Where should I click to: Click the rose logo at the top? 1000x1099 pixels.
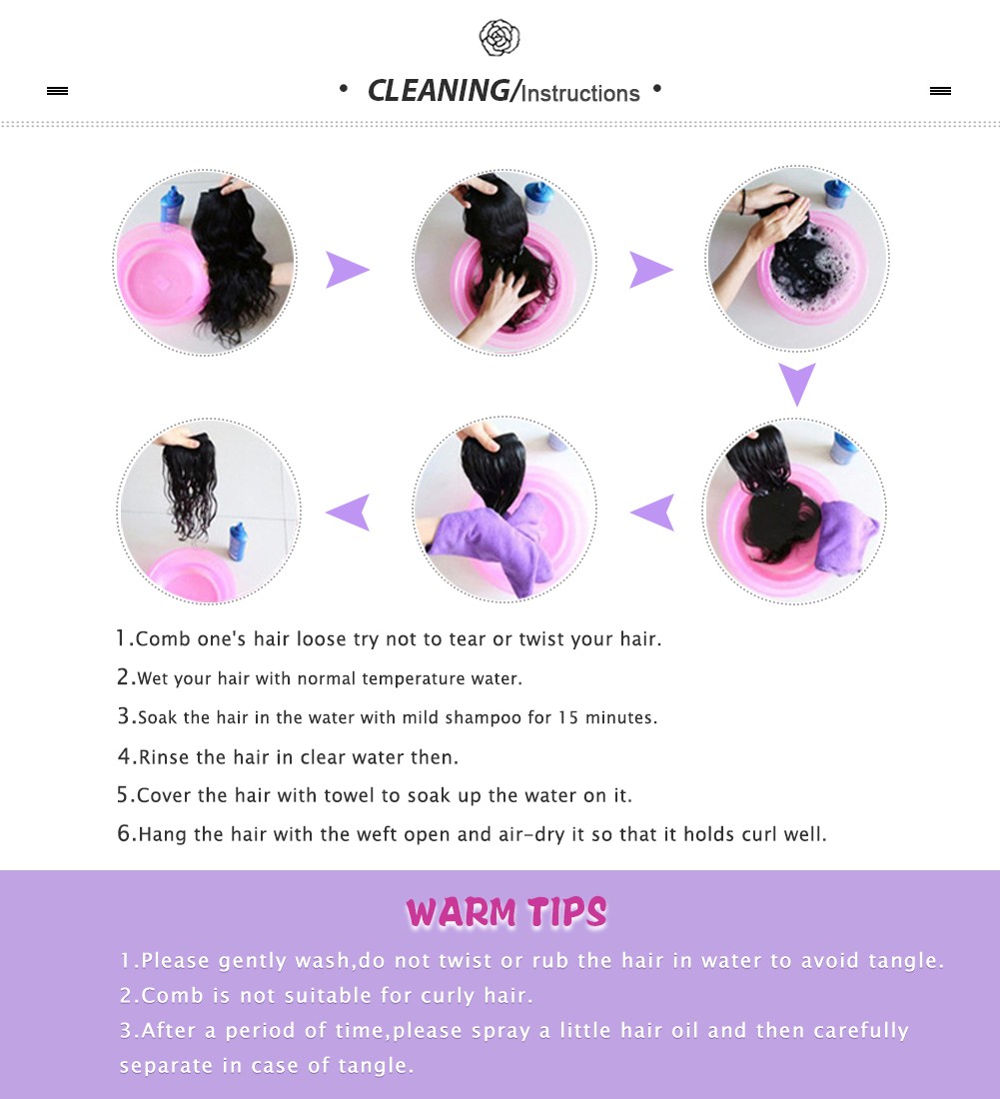click(x=500, y=37)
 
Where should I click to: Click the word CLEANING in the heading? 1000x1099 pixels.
click(x=439, y=91)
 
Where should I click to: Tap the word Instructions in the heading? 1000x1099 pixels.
click(x=580, y=93)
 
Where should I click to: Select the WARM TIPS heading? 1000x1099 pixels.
click(x=505, y=912)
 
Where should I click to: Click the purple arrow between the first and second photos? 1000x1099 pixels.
click(x=347, y=270)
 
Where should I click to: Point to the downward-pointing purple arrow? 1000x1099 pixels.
click(x=797, y=384)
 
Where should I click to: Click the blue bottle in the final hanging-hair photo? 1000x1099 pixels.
click(x=238, y=542)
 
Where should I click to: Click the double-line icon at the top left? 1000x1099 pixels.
click(x=58, y=90)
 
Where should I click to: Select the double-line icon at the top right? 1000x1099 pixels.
click(x=940, y=90)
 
